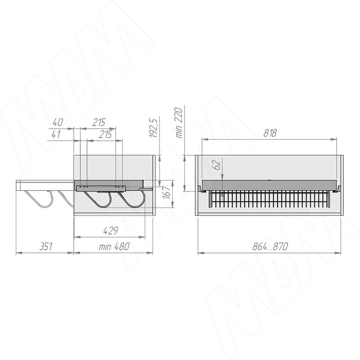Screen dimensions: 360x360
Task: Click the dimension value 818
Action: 270,133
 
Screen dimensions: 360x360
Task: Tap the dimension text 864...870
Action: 270,247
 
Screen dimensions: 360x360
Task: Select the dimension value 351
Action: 46,247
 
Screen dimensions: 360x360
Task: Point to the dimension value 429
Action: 110,230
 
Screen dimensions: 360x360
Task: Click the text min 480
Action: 114,247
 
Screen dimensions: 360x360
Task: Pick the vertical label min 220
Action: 179,122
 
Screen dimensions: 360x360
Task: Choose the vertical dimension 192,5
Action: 153,128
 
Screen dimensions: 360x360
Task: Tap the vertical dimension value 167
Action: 167,193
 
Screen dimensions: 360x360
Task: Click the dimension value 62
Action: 217,165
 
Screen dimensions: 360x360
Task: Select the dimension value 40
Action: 58,122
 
